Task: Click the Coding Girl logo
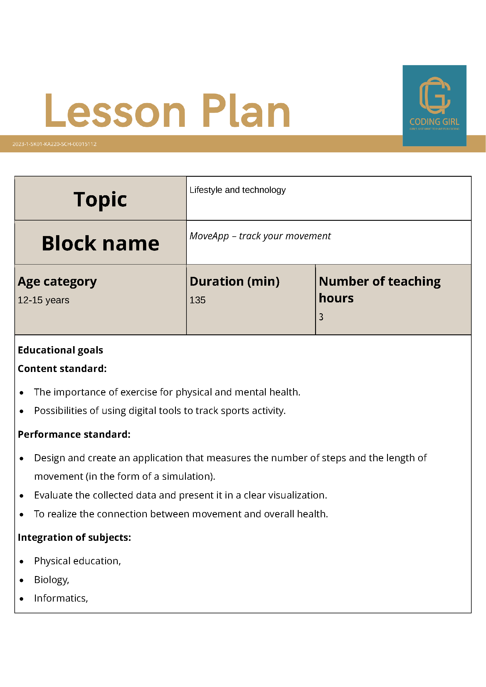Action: coord(434,105)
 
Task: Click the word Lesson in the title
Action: coord(115,111)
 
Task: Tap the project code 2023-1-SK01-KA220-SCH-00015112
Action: coord(54,144)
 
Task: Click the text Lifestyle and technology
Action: coord(238,190)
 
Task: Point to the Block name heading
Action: coord(100,243)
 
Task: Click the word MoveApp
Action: coord(209,236)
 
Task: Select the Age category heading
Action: coord(57,282)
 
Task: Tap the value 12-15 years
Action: coord(43,300)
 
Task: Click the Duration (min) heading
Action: coord(235,282)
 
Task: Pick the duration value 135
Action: coord(198,300)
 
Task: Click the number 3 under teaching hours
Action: coord(321,317)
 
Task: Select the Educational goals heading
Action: coord(60,350)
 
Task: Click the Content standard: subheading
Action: coord(62,369)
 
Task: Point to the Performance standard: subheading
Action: coord(74,435)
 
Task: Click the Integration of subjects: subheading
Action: coord(75,537)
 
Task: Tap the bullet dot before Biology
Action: coord(21,580)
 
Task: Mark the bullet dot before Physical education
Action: coord(21,562)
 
